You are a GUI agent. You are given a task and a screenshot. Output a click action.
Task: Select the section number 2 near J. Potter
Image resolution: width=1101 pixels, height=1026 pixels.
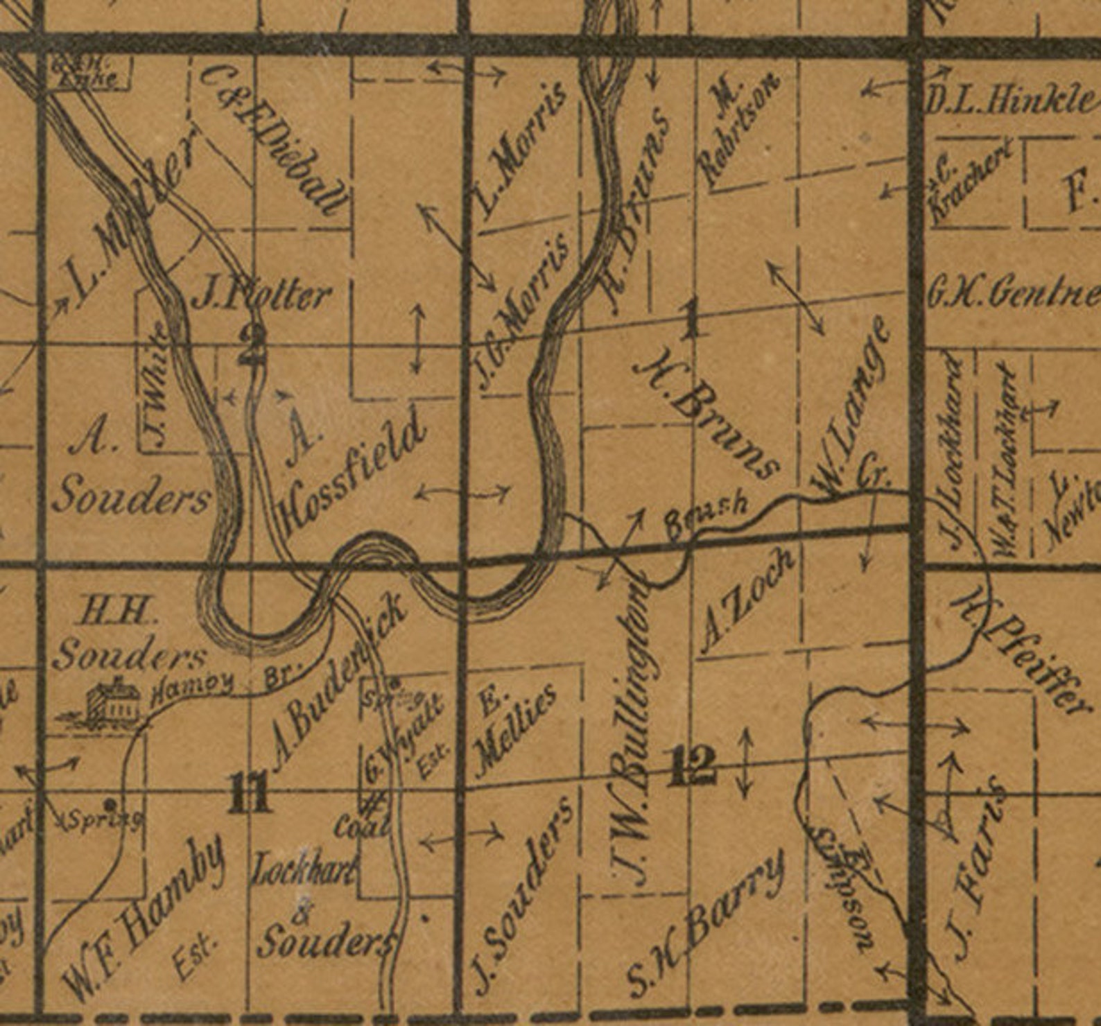point(250,345)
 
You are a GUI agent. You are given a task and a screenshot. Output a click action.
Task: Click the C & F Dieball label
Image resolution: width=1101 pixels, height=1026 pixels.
point(274,139)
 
